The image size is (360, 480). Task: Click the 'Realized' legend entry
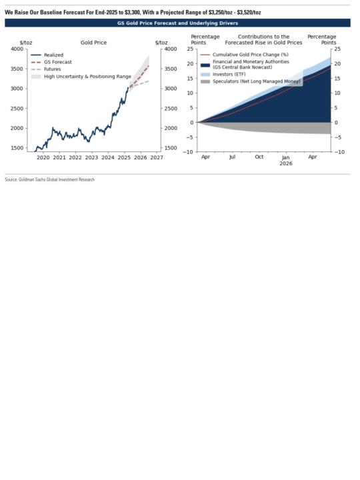tap(47, 55)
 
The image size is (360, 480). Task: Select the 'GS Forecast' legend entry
tap(51, 62)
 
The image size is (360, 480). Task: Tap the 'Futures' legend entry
tap(46, 69)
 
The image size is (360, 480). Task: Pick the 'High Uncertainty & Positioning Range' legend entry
tap(81, 77)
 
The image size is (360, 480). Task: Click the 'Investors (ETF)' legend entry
tap(223, 75)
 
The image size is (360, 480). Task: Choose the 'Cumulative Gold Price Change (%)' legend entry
tap(244, 55)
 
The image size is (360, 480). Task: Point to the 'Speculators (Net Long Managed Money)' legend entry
tap(251, 81)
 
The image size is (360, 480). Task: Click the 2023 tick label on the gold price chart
tap(91, 157)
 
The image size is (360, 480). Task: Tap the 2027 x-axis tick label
tap(157, 157)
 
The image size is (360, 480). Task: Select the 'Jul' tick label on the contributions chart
tap(233, 157)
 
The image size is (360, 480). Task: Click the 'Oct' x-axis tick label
tap(259, 157)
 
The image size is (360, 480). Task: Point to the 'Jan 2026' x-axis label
tap(286, 161)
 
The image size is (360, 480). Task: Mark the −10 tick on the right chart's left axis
tap(189, 152)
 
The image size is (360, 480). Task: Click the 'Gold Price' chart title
tap(94, 43)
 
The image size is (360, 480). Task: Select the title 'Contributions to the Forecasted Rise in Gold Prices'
tap(263, 40)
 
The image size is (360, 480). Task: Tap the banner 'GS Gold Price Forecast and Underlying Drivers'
tap(177, 23)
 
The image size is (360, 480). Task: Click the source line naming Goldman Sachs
tap(50, 180)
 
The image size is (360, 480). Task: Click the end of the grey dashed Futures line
tap(149, 81)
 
